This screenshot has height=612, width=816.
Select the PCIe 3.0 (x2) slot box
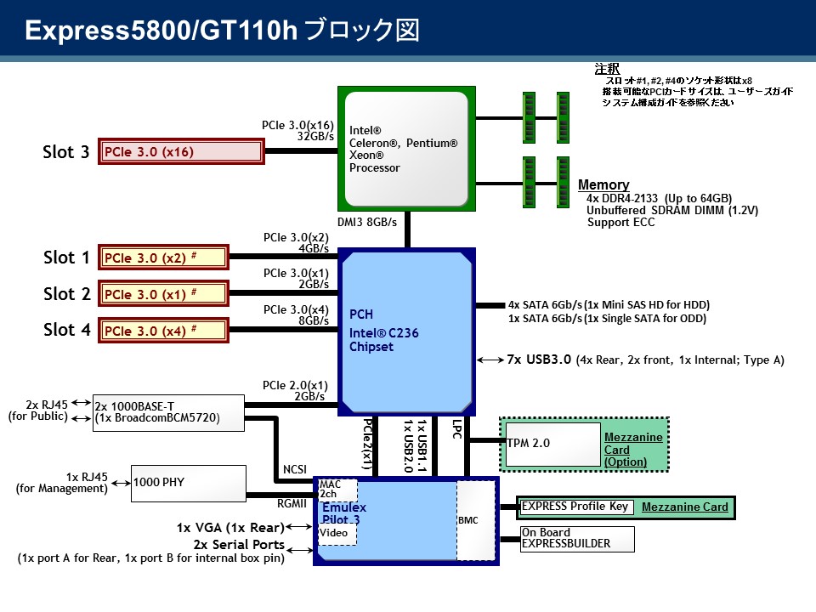[x=164, y=257]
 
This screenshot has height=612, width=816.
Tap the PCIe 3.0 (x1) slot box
[x=164, y=294]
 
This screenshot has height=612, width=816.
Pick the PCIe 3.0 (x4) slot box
[x=164, y=330]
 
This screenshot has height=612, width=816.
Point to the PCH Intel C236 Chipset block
[x=406, y=331]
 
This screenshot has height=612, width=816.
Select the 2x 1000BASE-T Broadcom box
[x=168, y=411]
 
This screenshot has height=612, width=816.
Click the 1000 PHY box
[x=188, y=483]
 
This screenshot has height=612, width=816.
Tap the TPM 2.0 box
[x=552, y=443]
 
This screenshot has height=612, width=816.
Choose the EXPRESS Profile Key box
[x=575, y=507]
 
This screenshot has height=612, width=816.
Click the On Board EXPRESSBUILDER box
[x=575, y=538]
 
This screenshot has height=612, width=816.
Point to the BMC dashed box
[x=473, y=520]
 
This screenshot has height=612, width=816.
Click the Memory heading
[x=603, y=185]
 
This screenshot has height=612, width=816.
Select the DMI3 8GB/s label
[x=367, y=222]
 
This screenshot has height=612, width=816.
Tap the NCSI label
[x=294, y=469]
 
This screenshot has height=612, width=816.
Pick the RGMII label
[x=292, y=502]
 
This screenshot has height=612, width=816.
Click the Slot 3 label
[x=66, y=152]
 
